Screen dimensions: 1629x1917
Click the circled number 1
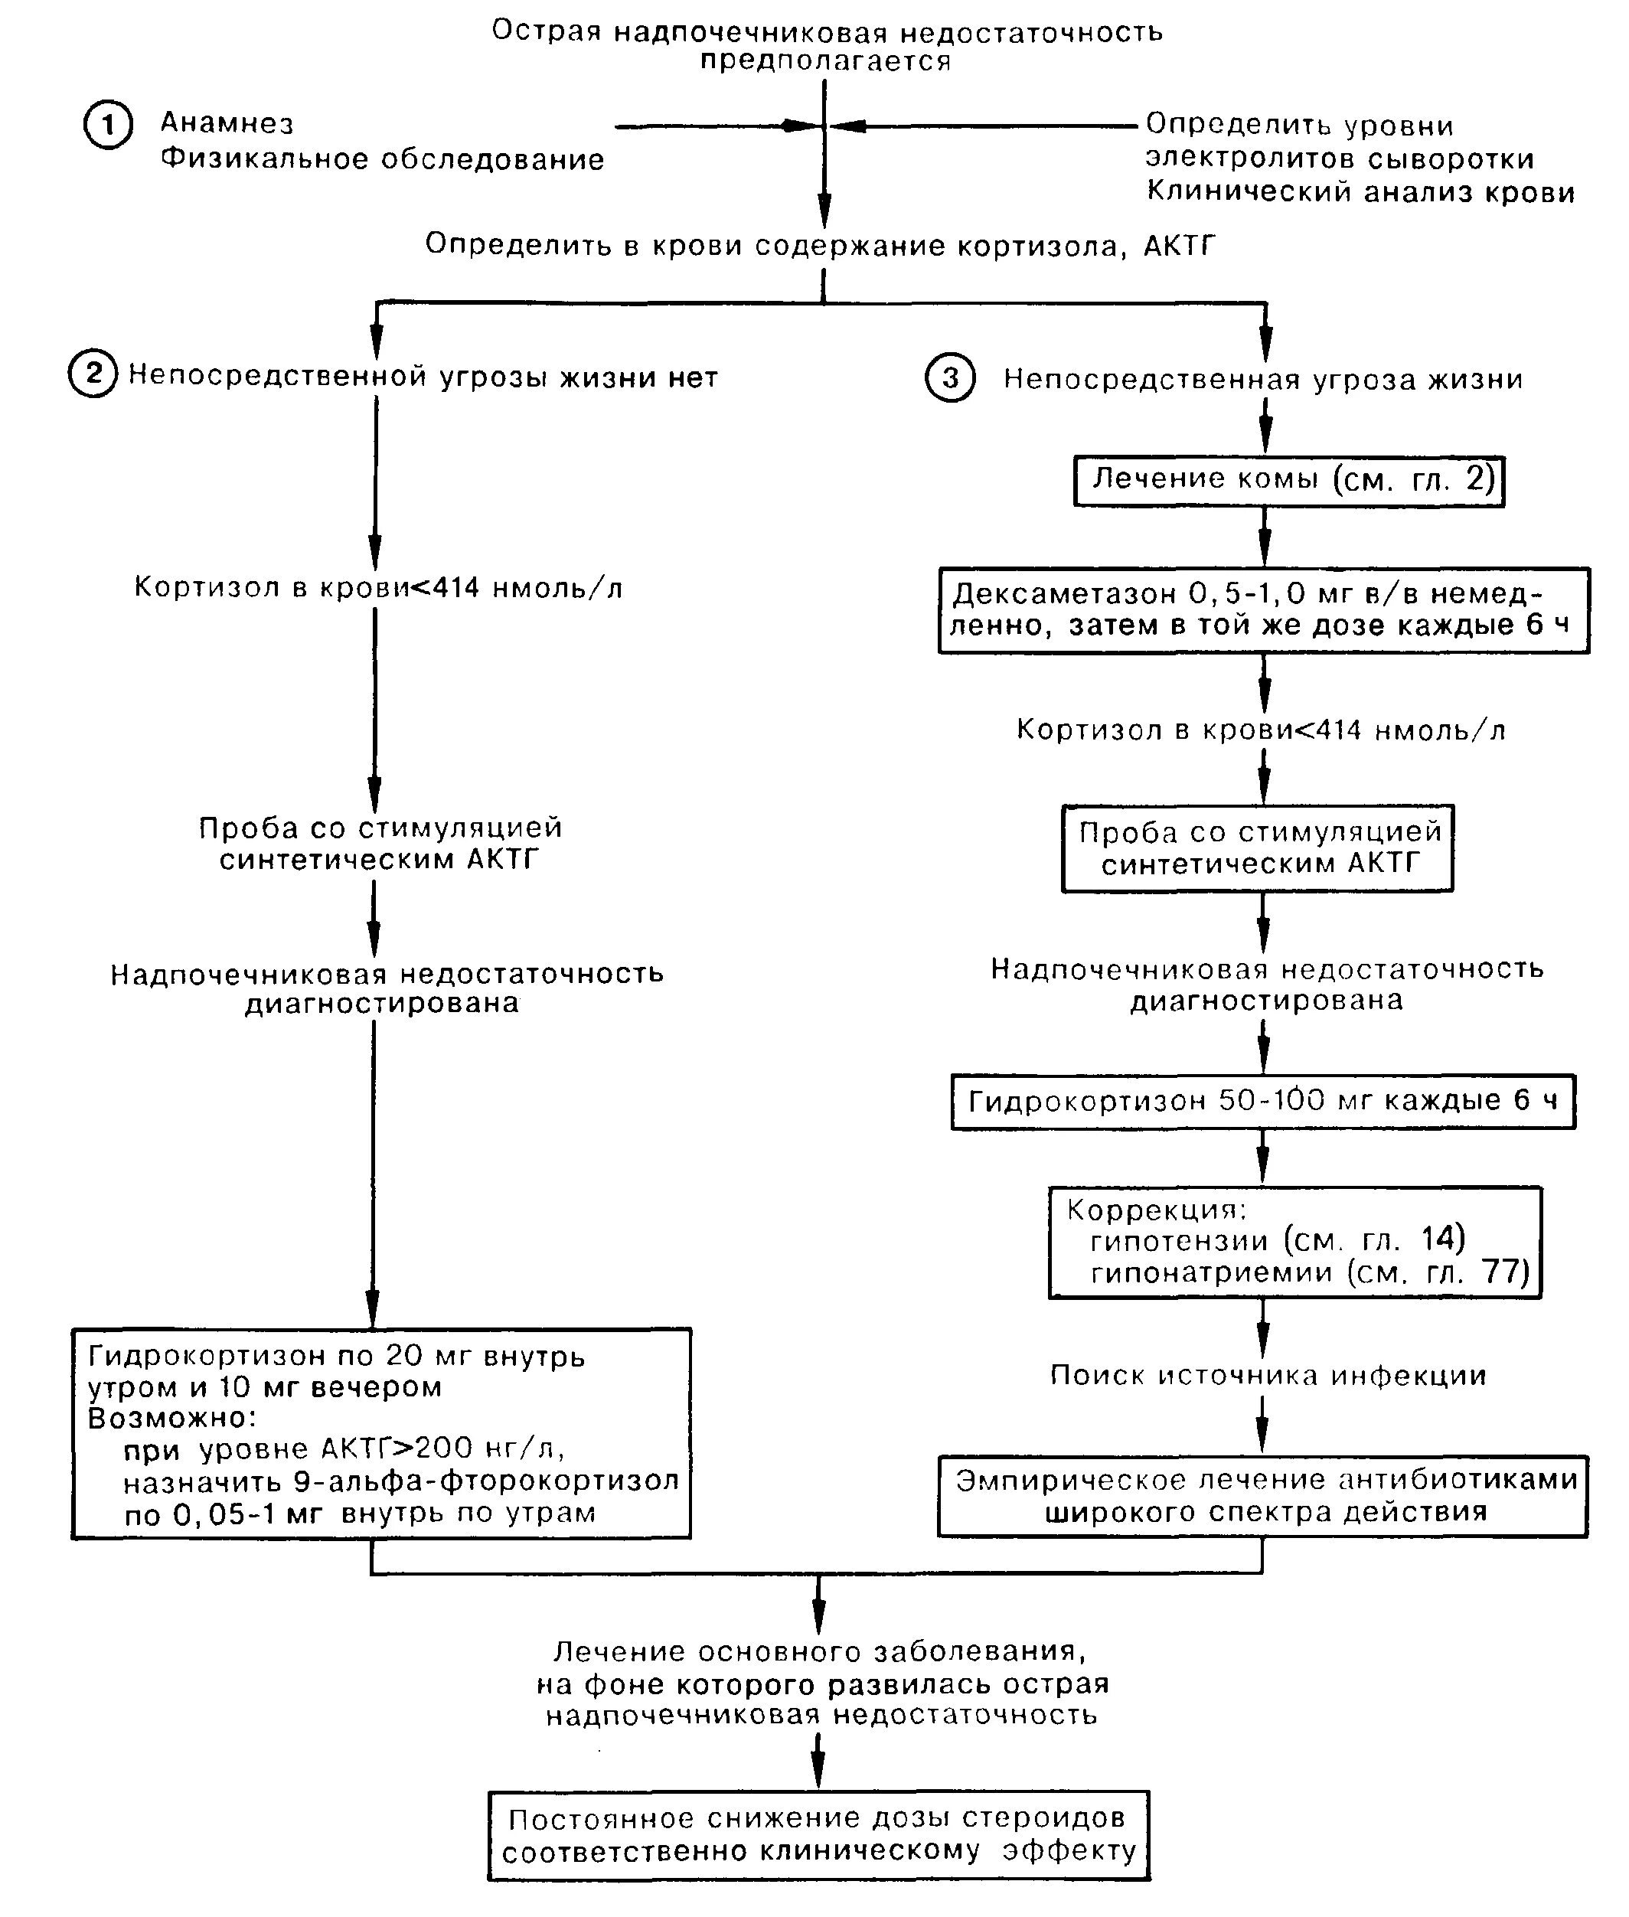tap(108, 125)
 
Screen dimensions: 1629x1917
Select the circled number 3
tap(950, 379)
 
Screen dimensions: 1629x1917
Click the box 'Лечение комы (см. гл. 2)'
tap(1289, 481)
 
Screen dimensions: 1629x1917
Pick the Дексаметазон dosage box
tap(1264, 611)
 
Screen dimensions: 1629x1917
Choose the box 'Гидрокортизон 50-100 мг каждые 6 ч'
tap(1263, 1102)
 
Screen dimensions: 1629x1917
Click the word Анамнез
tap(227, 122)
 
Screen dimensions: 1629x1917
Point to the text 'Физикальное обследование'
tap(382, 158)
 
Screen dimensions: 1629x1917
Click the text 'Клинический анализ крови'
tap(1360, 192)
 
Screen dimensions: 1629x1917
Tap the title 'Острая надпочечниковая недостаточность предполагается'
tap(827, 45)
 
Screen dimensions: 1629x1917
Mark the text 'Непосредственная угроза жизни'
tap(1263, 380)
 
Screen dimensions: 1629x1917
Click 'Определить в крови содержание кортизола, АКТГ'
tap(820, 246)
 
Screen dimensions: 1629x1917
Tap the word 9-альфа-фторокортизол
tap(486, 1480)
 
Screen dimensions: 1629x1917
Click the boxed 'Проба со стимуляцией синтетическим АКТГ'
tap(1258, 847)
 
